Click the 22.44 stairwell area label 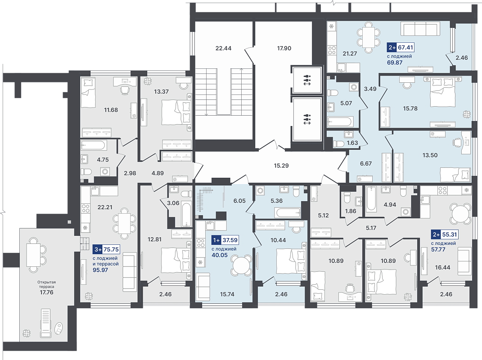coord(224,48)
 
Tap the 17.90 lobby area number coord(284,48)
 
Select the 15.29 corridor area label coord(281,166)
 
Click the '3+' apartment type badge coord(98,250)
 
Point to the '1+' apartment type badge coord(216,240)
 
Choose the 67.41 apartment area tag coord(405,47)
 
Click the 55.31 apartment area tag coord(449,234)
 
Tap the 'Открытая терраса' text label coord(46,284)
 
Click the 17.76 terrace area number coord(46,292)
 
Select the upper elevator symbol coord(307,80)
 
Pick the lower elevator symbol coord(307,119)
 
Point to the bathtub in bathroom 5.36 coord(288,212)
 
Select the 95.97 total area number coord(100,270)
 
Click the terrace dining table coord(33,255)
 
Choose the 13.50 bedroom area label coord(430,155)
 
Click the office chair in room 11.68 coord(125,90)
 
